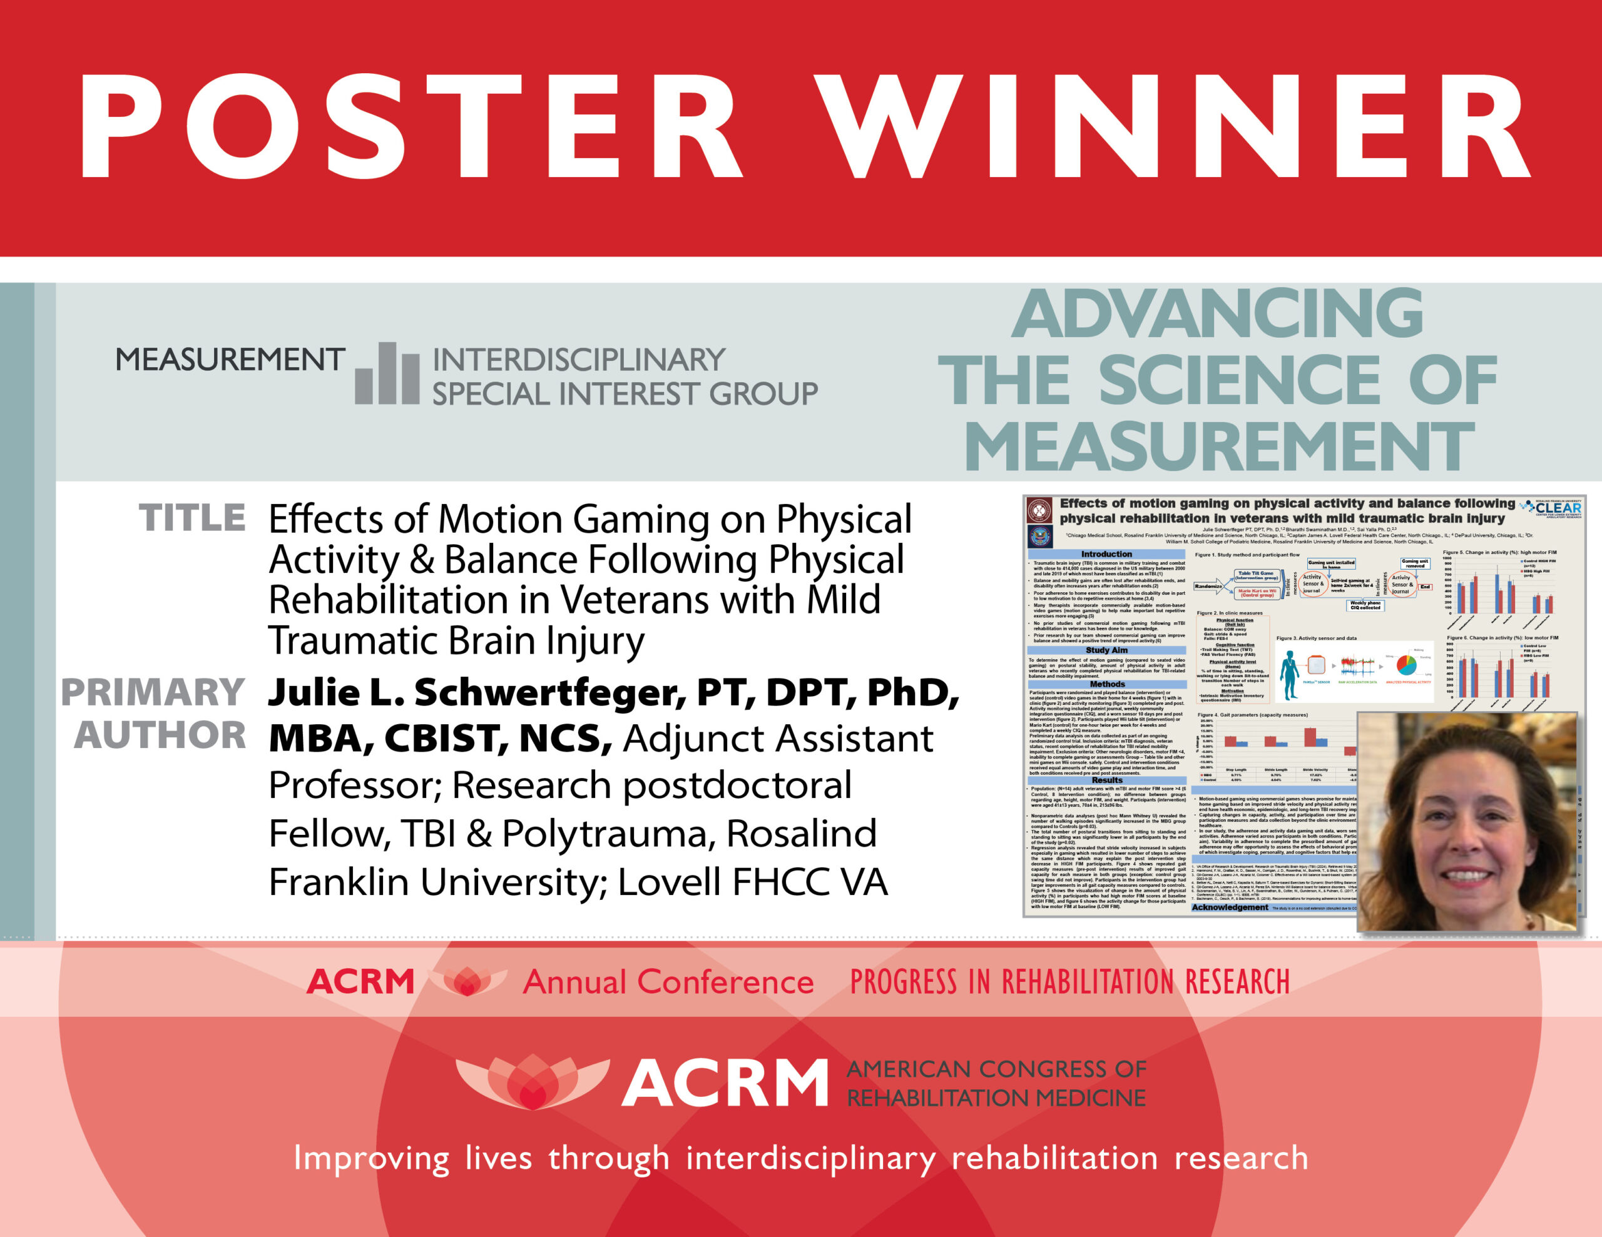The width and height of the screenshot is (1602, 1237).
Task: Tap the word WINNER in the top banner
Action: [x=1173, y=126]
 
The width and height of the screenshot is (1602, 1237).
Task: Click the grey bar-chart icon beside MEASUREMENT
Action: [x=387, y=374]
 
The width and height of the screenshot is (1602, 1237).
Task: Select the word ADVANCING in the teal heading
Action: [x=1218, y=314]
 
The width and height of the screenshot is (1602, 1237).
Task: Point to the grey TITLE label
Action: [x=192, y=518]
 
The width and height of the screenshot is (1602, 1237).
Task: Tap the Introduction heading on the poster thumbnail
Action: [x=1106, y=554]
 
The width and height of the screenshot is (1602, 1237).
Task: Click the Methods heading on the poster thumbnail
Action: [x=1107, y=684]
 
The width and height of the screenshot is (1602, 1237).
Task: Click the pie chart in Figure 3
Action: [x=1406, y=665]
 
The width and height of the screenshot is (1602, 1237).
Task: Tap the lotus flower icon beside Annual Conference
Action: [x=467, y=981]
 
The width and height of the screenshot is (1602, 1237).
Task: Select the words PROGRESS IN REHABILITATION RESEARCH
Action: [x=1069, y=982]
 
